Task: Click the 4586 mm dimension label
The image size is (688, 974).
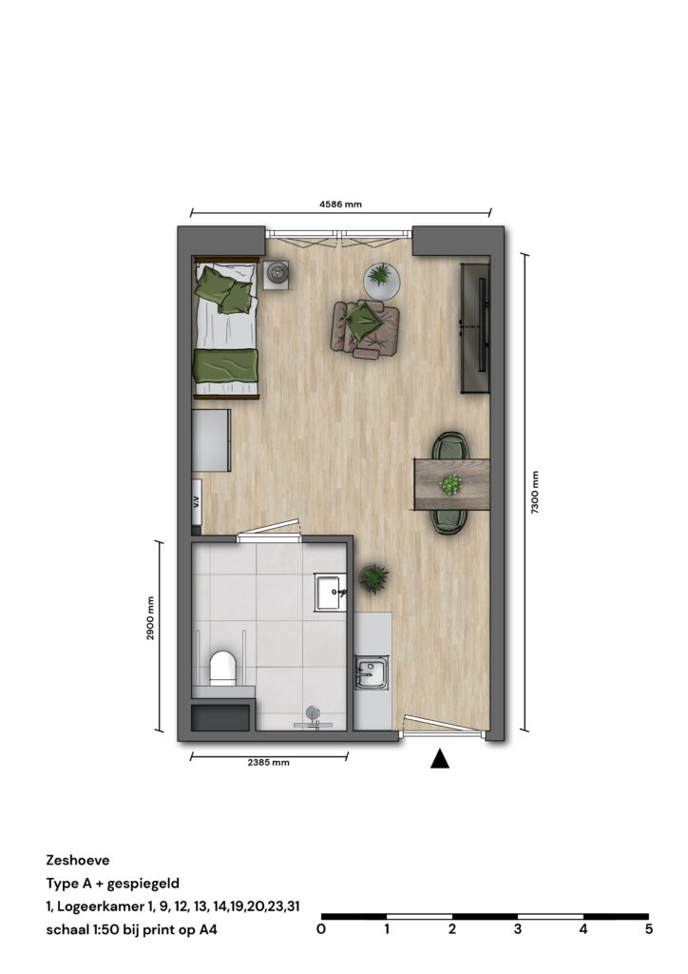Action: tap(340, 204)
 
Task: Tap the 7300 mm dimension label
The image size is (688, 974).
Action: tap(535, 493)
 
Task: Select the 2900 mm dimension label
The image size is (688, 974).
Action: tap(150, 618)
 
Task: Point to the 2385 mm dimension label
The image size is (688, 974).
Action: tap(268, 762)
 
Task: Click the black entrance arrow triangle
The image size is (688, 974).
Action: tap(440, 758)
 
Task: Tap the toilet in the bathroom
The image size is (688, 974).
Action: tap(222, 668)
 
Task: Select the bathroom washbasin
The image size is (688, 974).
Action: tap(330, 593)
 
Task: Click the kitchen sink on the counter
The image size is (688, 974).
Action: tap(372, 672)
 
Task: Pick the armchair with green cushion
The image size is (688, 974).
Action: tap(366, 328)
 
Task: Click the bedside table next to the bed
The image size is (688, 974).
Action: tap(277, 274)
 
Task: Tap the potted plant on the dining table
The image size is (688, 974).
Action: tap(450, 484)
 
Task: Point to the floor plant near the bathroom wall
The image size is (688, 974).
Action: tap(374, 578)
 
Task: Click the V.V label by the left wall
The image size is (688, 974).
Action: tap(196, 502)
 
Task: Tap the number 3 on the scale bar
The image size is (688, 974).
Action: tap(517, 929)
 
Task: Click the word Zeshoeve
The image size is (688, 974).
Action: tap(78, 860)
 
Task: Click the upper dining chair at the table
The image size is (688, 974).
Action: tap(450, 446)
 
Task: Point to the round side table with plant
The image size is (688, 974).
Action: tap(381, 282)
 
